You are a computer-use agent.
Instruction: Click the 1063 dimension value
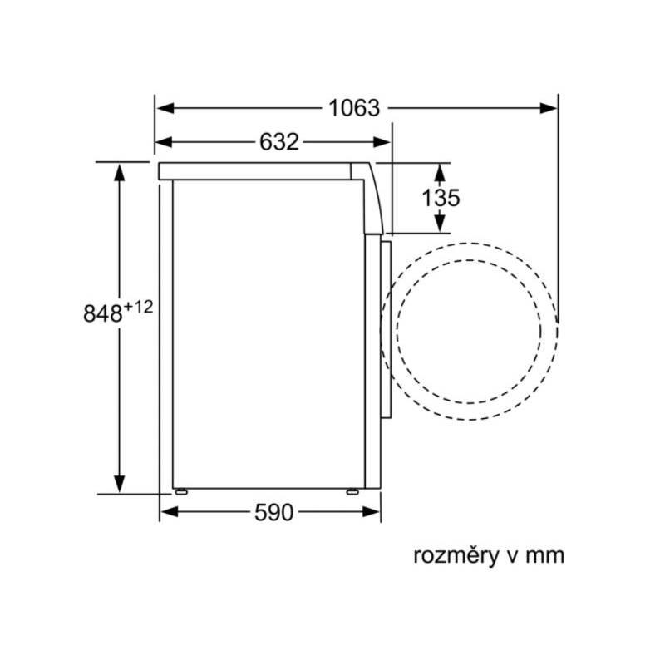354,108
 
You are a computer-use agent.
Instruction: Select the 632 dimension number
279,141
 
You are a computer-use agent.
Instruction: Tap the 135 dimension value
441,198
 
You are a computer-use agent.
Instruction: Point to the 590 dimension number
273,512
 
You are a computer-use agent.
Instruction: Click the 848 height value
103,314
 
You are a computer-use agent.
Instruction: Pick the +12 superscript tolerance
138,307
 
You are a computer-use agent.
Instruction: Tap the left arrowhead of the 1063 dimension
165,108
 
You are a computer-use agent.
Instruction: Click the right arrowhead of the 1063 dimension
548,108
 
